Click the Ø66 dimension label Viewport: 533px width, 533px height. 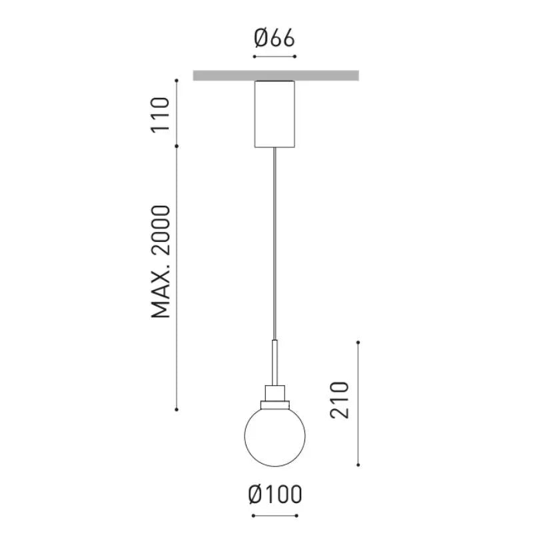pos(274,38)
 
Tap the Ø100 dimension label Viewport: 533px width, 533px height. pos(275,494)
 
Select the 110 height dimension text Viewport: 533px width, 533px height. pos(160,115)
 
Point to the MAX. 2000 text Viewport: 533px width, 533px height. pos(160,262)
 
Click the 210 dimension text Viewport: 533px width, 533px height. pos(340,400)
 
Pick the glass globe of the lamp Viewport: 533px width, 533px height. pos(274,436)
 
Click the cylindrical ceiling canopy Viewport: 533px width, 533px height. pos(274,114)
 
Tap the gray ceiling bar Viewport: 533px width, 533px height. pos(276,75)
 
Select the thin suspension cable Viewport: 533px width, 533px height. pos(274,244)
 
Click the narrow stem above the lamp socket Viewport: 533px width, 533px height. pos(274,362)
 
